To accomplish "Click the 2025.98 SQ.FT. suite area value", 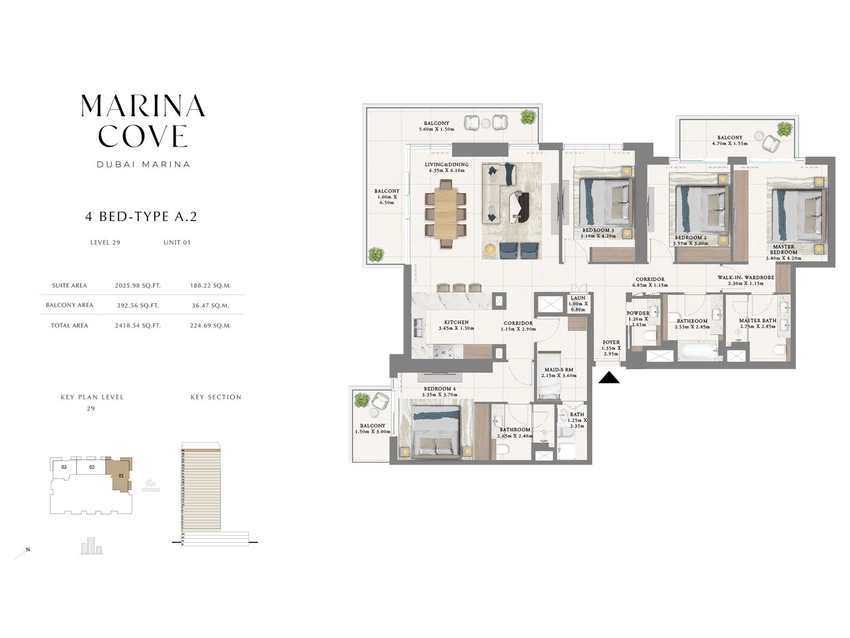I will tap(137, 286).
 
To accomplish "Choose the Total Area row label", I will tap(70, 325).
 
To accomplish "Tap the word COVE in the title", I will tap(143, 136).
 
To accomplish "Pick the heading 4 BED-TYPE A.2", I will tap(141, 217).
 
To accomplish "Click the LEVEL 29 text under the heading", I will tap(105, 242).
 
